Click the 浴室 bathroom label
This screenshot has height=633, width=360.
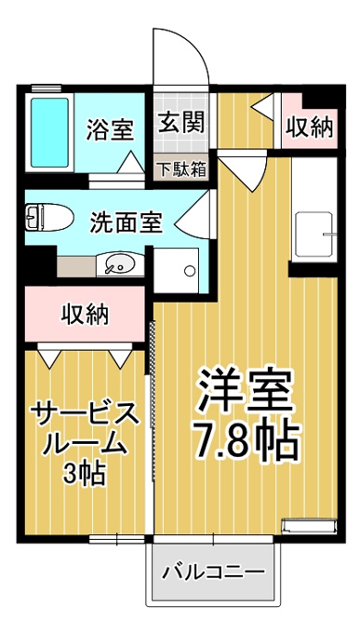click(x=110, y=130)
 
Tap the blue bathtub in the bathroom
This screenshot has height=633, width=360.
click(x=49, y=132)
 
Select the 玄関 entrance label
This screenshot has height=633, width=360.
click(x=180, y=122)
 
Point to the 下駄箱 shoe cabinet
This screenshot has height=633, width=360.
click(x=181, y=168)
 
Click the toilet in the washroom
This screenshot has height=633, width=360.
click(x=49, y=217)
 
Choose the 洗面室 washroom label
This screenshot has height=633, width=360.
click(x=126, y=222)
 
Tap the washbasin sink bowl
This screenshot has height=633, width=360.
click(x=120, y=265)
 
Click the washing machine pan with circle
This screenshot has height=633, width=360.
click(x=177, y=270)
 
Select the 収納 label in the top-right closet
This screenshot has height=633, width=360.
click(x=310, y=128)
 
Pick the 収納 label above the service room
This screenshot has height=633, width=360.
click(x=85, y=314)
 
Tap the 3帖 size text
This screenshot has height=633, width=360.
click(x=84, y=474)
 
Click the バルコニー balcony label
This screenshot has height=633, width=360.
click(x=214, y=572)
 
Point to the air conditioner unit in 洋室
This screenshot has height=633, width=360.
click(x=309, y=527)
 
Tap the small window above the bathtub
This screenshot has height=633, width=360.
click(x=47, y=88)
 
